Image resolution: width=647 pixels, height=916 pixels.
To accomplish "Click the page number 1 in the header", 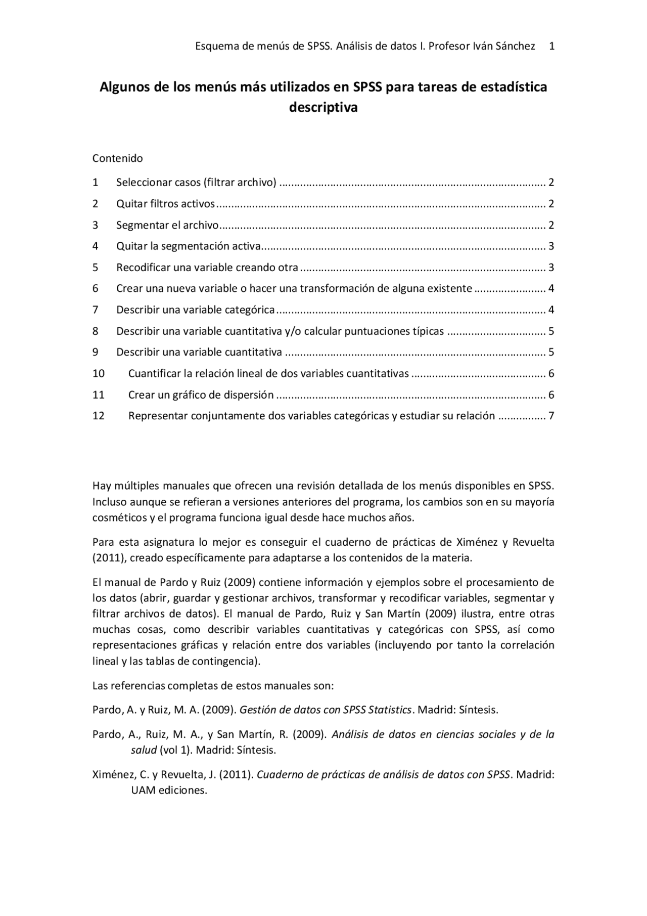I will click(551, 46).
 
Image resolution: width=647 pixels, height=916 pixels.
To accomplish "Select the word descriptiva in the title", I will click(323, 108).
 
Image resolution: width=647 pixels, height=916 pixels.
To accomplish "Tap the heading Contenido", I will click(117, 158).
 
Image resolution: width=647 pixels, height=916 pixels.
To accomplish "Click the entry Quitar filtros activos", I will click(165, 204).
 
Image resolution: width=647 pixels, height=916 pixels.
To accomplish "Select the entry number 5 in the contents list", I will click(95, 268).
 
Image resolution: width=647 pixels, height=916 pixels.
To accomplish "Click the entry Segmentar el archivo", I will click(167, 225).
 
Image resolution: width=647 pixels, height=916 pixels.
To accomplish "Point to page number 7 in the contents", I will click(551, 416).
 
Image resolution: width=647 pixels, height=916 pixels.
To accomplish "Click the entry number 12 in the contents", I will click(98, 416).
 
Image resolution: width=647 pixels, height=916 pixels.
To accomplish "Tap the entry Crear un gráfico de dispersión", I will click(201, 395).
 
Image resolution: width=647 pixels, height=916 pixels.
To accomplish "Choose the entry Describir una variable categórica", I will click(195, 310).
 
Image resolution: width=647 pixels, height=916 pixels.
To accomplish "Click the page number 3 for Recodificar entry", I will click(551, 268).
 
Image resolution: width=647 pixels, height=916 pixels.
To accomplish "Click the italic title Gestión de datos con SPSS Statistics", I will click(325, 710).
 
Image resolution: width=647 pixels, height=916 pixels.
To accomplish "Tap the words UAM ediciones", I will click(169, 791).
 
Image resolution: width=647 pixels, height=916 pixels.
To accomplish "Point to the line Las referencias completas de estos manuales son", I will click(213, 686).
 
